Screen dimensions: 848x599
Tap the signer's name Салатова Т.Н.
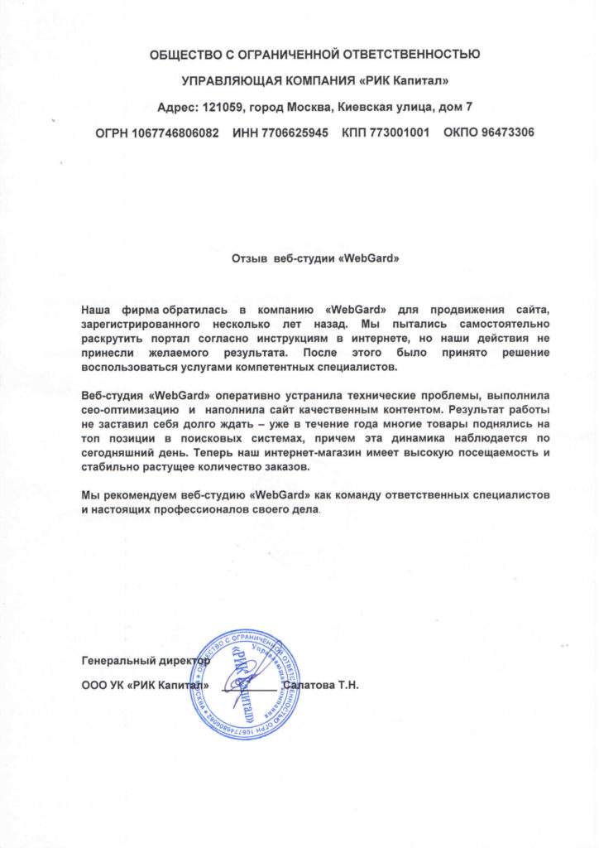pyautogui.click(x=319, y=687)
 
